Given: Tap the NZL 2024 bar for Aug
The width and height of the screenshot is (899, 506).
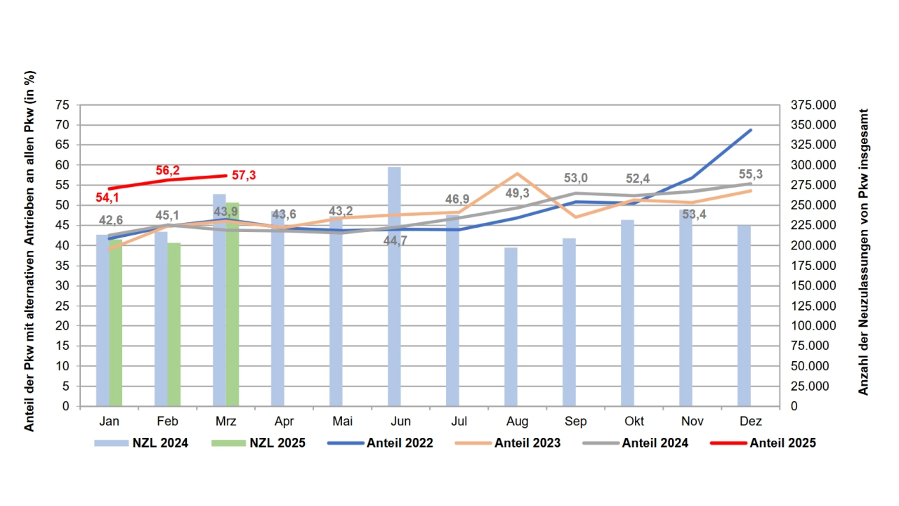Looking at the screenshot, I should (x=511, y=327).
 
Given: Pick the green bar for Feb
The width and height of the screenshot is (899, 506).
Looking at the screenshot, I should (x=174, y=324).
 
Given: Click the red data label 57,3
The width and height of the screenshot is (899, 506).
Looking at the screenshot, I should (x=244, y=175).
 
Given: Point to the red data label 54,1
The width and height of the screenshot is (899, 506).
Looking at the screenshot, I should (x=107, y=197).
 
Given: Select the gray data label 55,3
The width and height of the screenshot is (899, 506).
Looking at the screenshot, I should (x=751, y=174).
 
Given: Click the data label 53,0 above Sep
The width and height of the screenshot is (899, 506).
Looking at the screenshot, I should (x=576, y=179).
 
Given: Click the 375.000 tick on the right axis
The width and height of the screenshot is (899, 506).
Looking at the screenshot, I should (x=813, y=105).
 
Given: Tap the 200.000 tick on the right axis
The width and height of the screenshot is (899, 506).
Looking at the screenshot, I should (x=813, y=245).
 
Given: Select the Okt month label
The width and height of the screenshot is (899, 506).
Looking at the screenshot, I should (x=634, y=422).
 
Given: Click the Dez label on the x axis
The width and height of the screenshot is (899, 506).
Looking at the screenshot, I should (x=750, y=422).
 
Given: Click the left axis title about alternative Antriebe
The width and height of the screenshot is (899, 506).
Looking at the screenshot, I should (x=29, y=252).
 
